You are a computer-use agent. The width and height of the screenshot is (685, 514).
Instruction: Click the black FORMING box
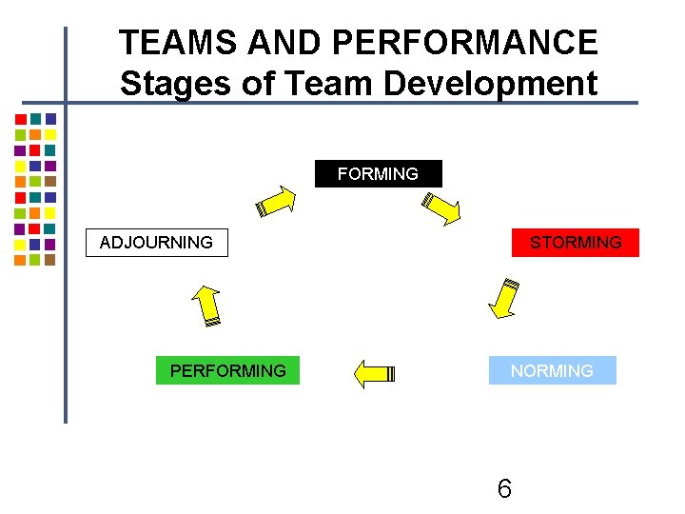379,174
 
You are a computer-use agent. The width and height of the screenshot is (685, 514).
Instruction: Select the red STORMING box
576,243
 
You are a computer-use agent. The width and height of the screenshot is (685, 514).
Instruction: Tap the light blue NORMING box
552,370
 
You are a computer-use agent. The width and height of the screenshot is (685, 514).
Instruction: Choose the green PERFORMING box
227,370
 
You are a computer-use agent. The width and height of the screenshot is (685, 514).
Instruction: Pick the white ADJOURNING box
156,243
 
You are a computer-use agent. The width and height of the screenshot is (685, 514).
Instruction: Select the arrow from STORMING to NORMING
503,298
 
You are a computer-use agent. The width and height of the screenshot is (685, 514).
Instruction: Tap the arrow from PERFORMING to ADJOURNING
206,306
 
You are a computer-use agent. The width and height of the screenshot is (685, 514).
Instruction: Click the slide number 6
504,489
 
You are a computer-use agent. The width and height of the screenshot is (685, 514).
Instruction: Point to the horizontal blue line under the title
381,103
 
